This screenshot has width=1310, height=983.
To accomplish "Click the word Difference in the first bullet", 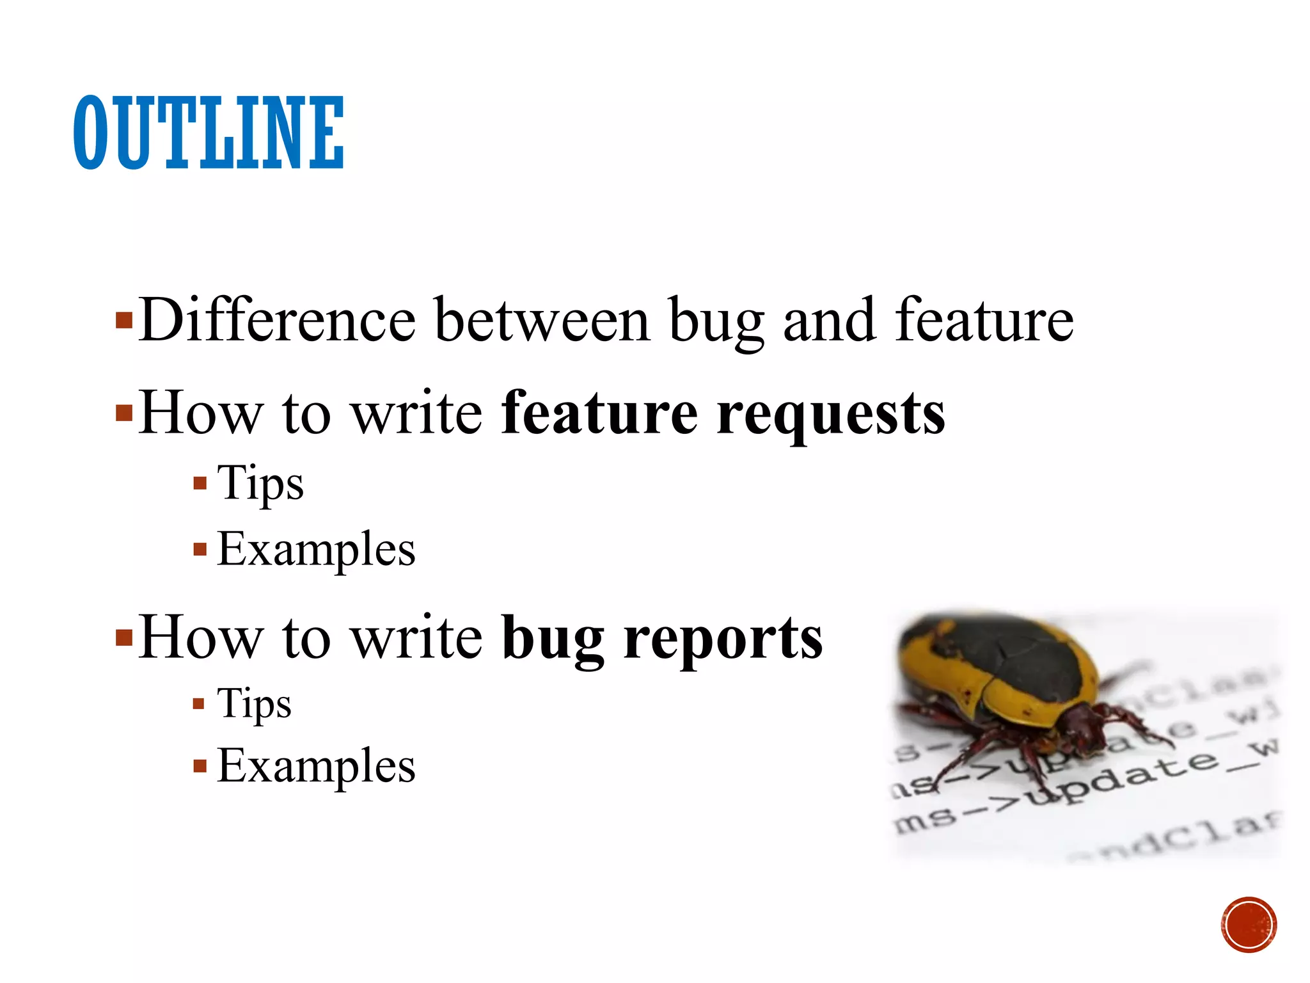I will pos(277,320).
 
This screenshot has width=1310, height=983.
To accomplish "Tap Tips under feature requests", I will pos(260,484).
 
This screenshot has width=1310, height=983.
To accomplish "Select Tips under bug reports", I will pos(254,704).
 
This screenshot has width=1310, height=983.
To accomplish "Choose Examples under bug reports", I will pos(316,766).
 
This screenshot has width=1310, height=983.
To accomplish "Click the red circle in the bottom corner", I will pos(1248,925).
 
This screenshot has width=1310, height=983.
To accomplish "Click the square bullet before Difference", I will pos(123,319).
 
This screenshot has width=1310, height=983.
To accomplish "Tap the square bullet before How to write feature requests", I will pos(123,413).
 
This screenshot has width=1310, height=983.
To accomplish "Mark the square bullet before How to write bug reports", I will pos(123,637).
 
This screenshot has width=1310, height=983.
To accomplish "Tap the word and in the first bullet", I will pos(829,320).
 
